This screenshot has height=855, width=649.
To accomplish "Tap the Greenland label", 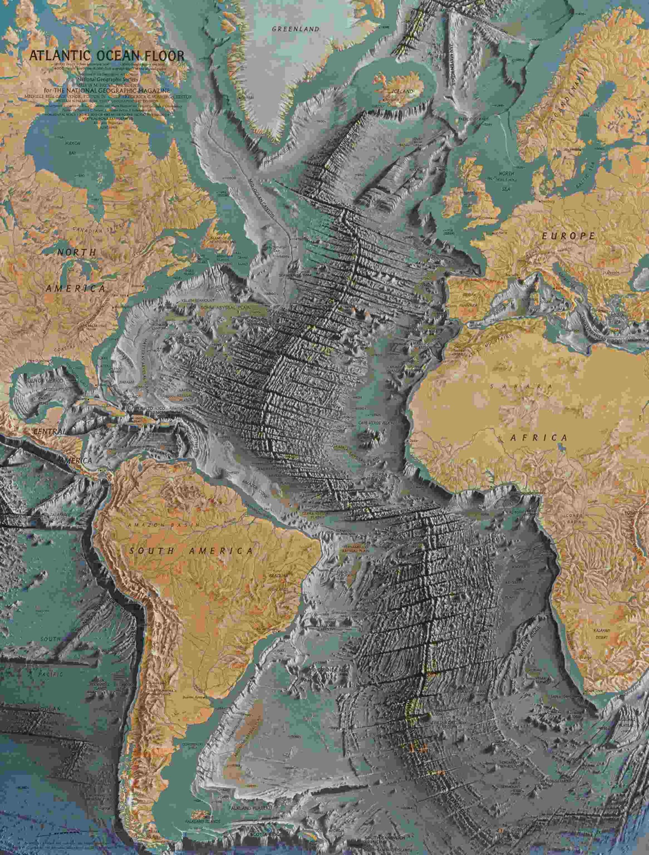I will [x=296, y=29].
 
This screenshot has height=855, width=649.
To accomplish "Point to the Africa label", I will [x=539, y=438].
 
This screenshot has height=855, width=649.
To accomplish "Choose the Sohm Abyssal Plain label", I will [x=226, y=307].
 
